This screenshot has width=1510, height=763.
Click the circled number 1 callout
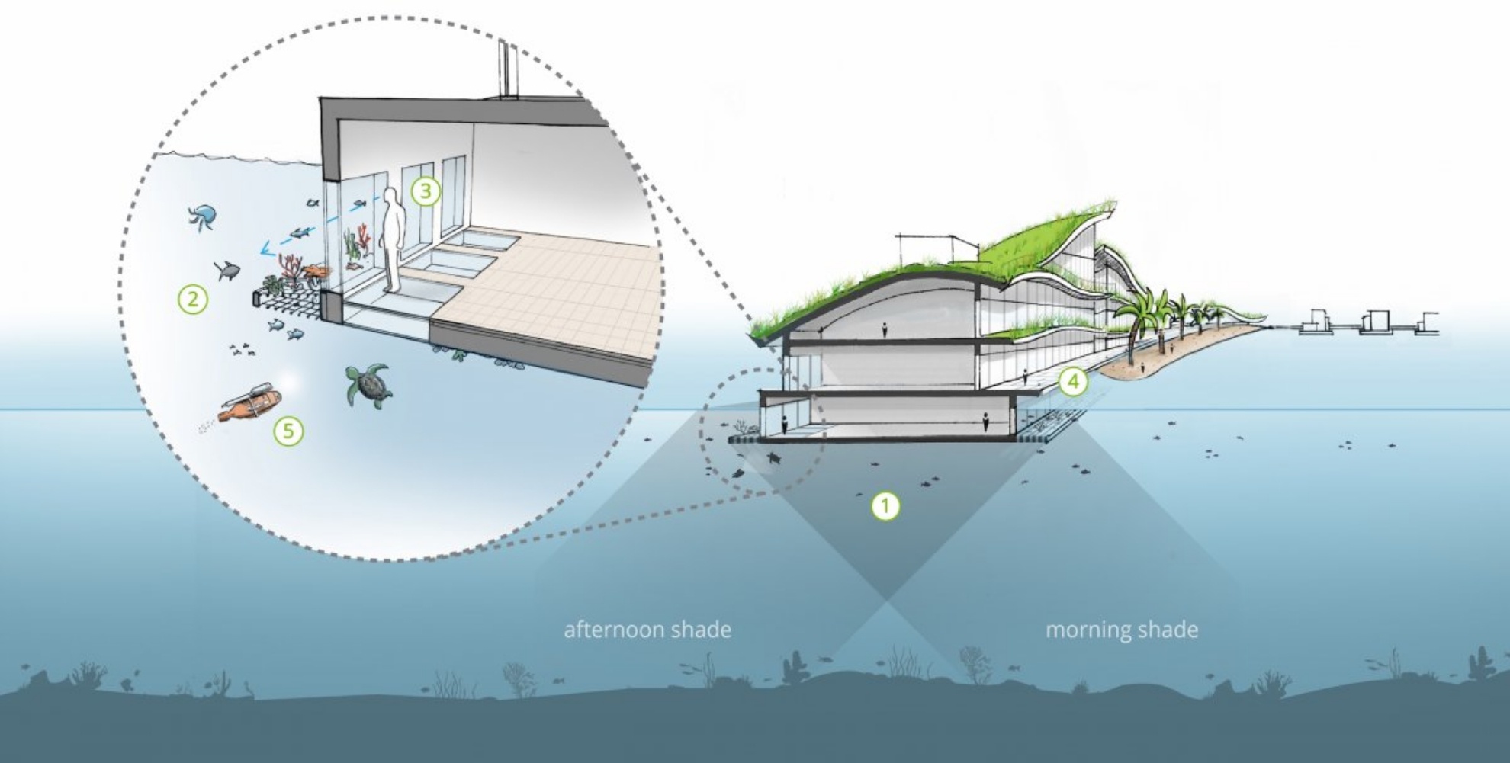click(885, 505)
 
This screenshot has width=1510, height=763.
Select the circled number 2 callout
click(193, 299)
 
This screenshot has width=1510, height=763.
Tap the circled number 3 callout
click(426, 191)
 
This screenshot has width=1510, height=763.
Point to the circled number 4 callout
click(1073, 381)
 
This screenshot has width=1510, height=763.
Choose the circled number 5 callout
click(288, 431)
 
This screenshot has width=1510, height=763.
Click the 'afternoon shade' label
click(647, 630)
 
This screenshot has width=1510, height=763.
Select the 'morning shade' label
click(1121, 630)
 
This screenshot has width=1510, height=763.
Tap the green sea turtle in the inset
click(370, 385)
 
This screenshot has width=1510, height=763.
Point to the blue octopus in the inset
click(202, 216)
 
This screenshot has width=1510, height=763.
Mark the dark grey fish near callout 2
click(226, 269)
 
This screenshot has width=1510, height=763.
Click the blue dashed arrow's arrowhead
click(264, 248)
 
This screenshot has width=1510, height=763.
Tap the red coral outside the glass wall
click(292, 268)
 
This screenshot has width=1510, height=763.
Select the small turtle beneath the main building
click(775, 459)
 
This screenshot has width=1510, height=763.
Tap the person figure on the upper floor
click(885, 330)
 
